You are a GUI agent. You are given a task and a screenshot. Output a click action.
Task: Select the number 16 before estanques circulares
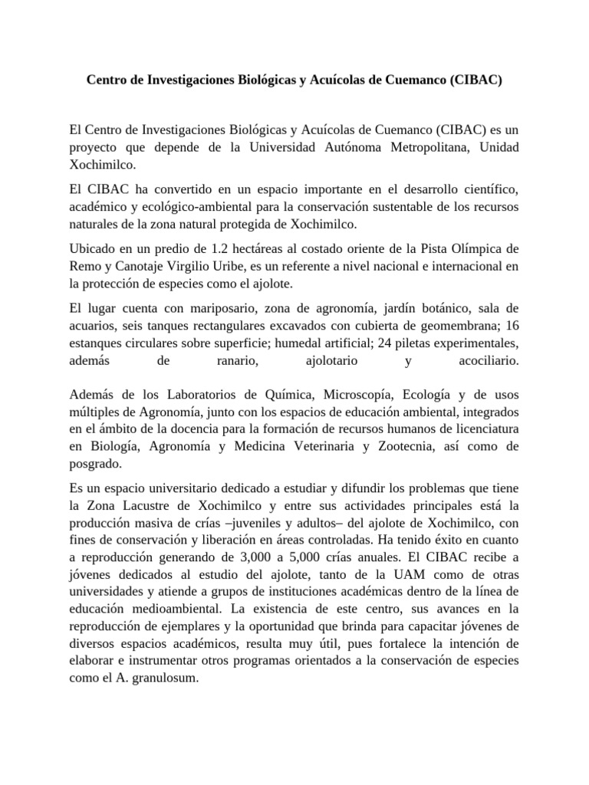(x=512, y=325)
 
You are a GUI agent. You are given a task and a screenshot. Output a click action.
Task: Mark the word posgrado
(x=96, y=462)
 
